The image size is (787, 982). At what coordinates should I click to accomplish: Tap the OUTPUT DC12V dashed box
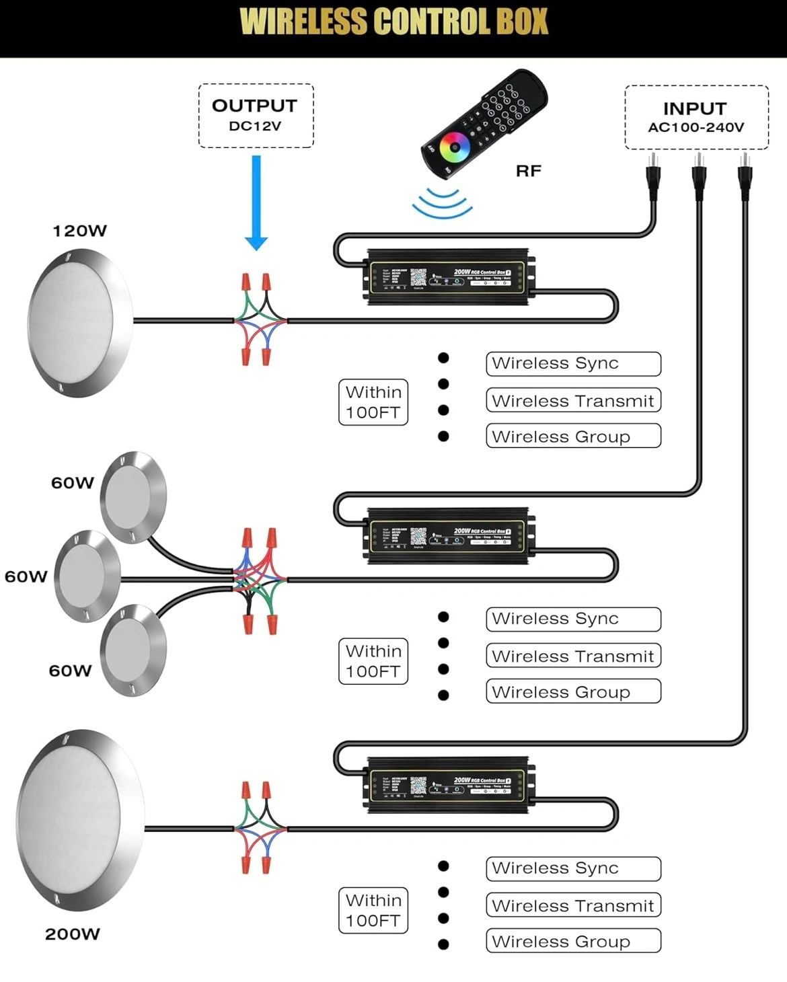point(256,115)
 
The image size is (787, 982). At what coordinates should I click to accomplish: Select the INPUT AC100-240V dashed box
point(696,117)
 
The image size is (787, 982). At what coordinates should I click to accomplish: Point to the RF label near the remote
point(528,171)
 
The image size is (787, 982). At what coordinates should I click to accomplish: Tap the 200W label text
point(73,934)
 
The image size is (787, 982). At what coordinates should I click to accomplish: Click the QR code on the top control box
point(418,277)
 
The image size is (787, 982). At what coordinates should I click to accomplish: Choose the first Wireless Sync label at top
point(573,364)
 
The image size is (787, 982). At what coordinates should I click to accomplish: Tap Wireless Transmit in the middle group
point(573,656)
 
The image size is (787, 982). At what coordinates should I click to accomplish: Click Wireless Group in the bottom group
point(573,941)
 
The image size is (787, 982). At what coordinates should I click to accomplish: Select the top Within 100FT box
point(373,402)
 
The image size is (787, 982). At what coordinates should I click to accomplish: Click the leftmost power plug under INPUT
point(652,177)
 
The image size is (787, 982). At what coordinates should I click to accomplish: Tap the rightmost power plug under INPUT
point(744,177)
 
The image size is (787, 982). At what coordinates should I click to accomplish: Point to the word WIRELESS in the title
point(303,22)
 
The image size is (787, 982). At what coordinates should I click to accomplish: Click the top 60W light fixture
point(133,496)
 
